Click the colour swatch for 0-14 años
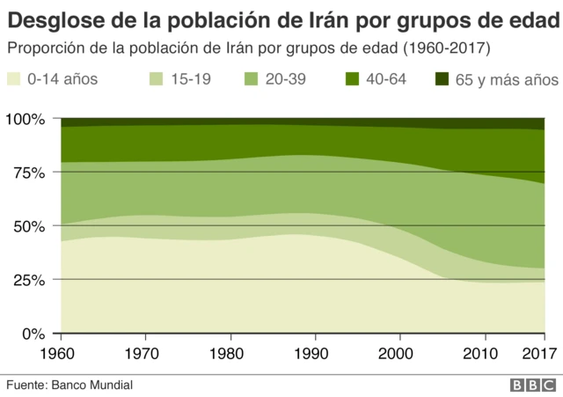click(13, 80)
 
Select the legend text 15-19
click(190, 80)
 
